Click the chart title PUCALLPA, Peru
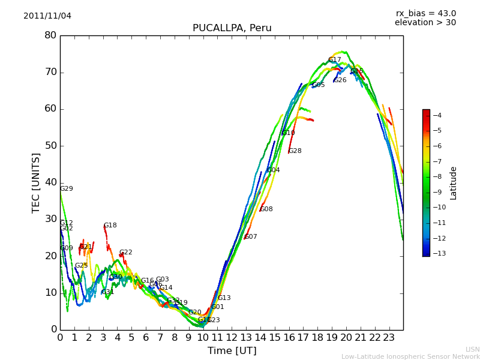click(232, 28)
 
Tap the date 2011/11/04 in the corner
click(47, 16)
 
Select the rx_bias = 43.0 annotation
click(425, 13)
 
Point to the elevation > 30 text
click(425, 23)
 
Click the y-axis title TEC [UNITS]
click(36, 182)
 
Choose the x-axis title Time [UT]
click(232, 350)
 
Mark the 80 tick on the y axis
click(50, 35)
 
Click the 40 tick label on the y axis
click(50, 182)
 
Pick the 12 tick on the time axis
click(232, 337)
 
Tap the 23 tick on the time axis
click(389, 337)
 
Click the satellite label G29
click(66, 189)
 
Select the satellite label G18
click(110, 226)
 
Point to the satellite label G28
click(295, 151)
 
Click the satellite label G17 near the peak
click(334, 60)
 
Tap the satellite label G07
click(251, 237)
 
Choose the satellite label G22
click(126, 253)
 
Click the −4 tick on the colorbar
click(437, 115)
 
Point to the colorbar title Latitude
click(454, 182)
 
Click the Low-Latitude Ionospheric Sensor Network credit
click(410, 356)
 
